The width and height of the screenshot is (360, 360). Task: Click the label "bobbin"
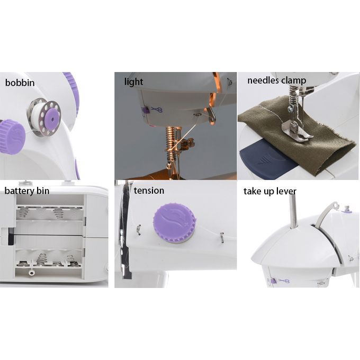click(20, 83)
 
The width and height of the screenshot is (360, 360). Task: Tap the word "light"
click(133, 82)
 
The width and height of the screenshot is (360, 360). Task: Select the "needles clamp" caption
click(276, 80)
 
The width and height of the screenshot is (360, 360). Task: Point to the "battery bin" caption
click(27, 191)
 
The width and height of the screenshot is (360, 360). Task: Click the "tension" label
click(149, 191)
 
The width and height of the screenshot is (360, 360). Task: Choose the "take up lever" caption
click(270, 192)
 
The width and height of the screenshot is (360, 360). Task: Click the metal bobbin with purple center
click(43, 119)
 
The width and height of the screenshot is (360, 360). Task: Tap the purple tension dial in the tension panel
click(175, 223)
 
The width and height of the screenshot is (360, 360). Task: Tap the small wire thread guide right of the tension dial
click(222, 237)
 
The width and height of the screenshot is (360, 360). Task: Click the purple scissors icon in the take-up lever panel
click(284, 281)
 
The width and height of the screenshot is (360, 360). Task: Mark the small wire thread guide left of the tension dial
click(139, 230)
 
